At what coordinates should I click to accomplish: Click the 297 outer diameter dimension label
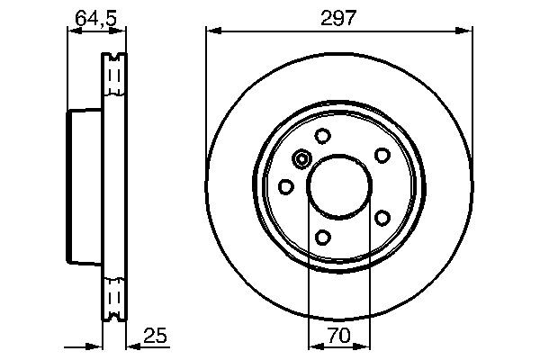(339, 17)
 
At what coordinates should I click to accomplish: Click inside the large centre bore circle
(339, 186)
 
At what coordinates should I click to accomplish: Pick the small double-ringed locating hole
(301, 159)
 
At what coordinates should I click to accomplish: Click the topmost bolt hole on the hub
(322, 137)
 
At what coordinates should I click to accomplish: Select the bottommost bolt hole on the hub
(322, 238)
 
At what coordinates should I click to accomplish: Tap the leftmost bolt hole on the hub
(286, 186)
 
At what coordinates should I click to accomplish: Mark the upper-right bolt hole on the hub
(382, 155)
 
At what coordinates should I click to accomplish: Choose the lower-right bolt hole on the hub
(382, 219)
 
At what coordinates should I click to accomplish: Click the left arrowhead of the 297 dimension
(212, 31)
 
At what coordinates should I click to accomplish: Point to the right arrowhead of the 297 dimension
(466, 31)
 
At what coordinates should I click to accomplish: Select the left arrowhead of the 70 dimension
(314, 346)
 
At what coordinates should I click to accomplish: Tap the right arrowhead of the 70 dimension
(364, 346)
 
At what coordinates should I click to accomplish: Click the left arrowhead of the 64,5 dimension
(73, 31)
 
